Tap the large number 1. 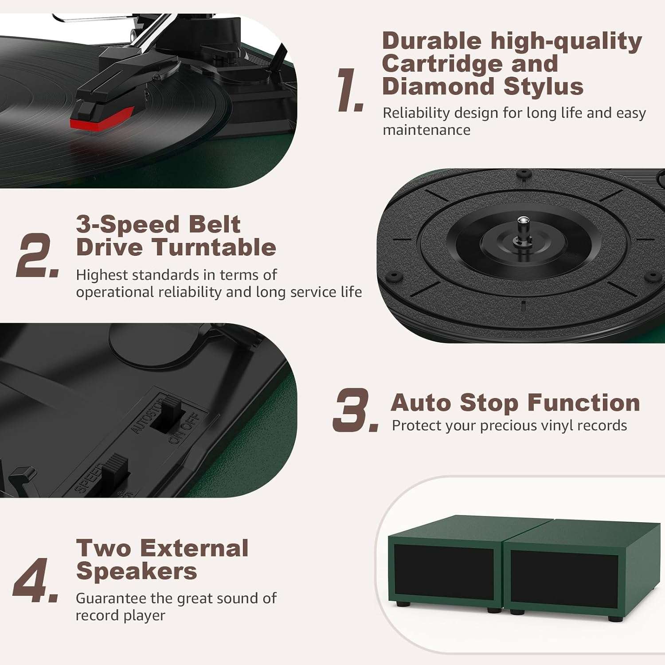pyautogui.click(x=350, y=90)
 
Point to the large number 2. pyautogui.click(x=38, y=256)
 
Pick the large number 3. pyautogui.click(x=356, y=410)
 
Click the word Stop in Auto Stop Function pyautogui.click(x=489, y=403)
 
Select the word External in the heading pyautogui.click(x=196, y=548)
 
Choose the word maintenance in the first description pyautogui.click(x=426, y=130)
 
